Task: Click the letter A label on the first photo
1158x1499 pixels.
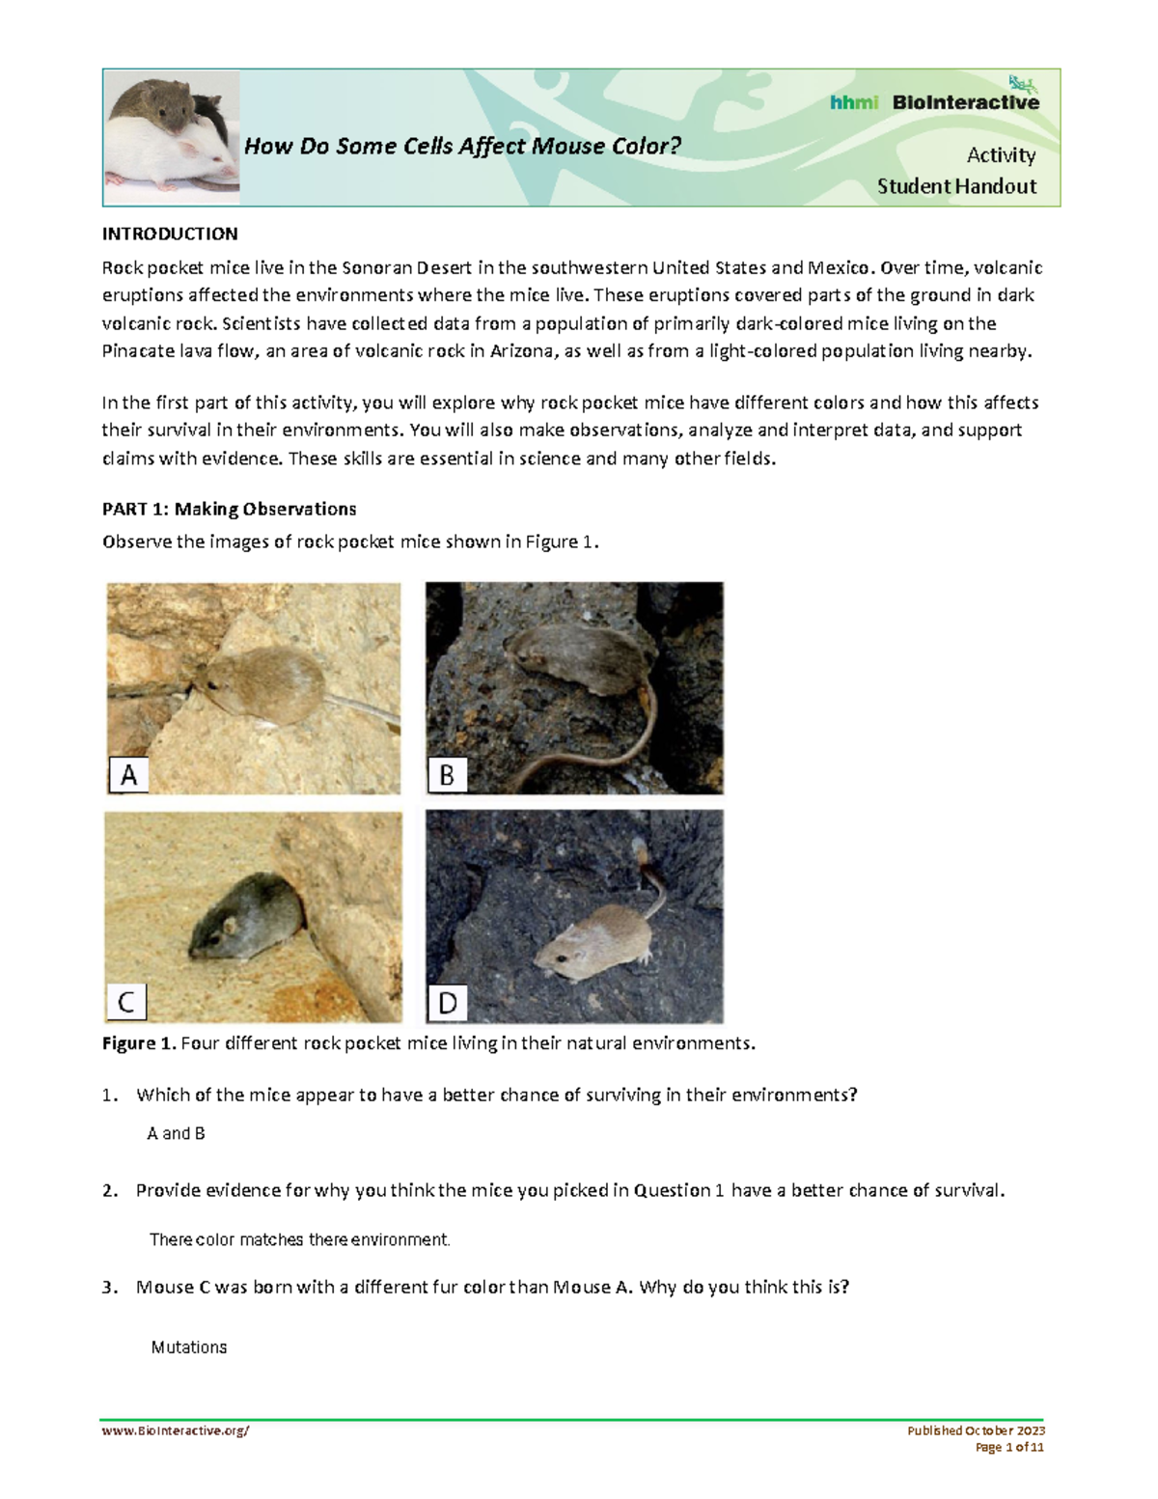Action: [128, 774]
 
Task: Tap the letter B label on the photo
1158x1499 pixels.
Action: [448, 774]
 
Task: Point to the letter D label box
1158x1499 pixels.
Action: [448, 1003]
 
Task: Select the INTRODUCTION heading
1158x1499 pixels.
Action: [170, 234]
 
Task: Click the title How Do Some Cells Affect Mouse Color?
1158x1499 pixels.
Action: [462, 146]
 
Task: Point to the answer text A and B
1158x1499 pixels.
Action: [176, 1133]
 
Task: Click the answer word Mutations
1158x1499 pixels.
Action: [189, 1346]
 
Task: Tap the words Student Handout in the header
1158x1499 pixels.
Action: [956, 186]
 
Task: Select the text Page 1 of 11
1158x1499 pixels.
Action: [1009, 1447]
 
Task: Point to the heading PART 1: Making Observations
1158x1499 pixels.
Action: [230, 509]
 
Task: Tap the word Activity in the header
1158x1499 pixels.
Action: [1001, 155]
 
